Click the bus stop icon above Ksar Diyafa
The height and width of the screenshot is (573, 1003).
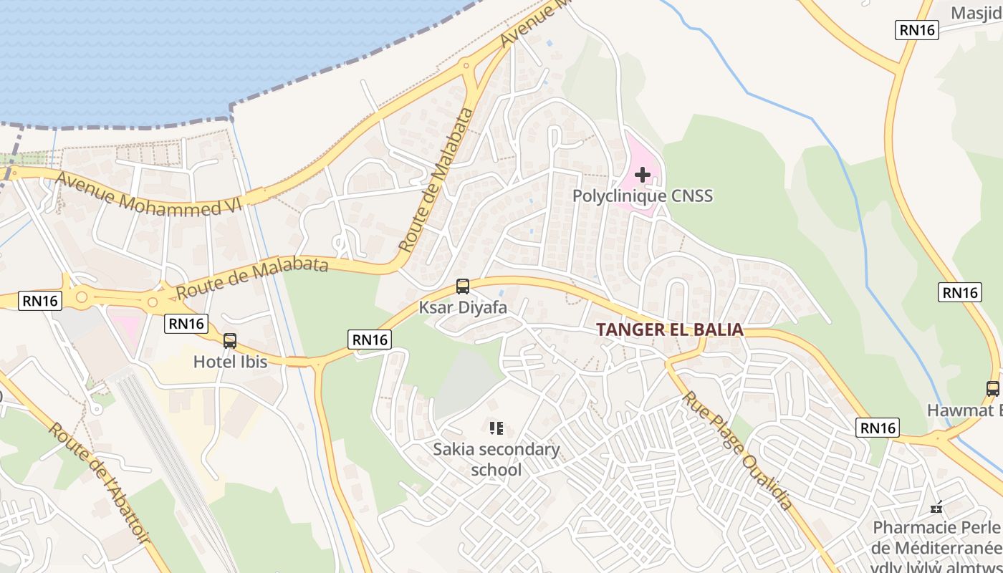pos(463,286)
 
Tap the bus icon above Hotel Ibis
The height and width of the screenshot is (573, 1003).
pos(230,341)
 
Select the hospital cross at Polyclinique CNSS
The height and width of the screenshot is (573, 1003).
pos(643,174)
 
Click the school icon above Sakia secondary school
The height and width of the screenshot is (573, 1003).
pos(496,428)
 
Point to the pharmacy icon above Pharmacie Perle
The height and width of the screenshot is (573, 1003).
pos(936,508)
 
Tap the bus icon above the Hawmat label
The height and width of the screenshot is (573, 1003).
pos(993,389)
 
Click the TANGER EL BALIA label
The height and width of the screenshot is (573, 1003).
pos(669,330)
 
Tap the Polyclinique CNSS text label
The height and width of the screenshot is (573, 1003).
pos(643,196)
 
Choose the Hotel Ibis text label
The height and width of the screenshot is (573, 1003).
pos(230,362)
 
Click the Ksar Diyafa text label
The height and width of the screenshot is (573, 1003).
pos(463,308)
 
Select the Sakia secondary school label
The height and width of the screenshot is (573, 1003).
pos(496,459)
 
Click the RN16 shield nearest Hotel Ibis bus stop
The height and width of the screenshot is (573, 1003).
pos(187,324)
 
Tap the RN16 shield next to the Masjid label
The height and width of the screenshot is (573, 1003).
pos(918,29)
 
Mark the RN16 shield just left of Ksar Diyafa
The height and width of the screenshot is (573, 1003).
pos(370,340)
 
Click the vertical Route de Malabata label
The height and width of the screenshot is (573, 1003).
pos(438,180)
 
